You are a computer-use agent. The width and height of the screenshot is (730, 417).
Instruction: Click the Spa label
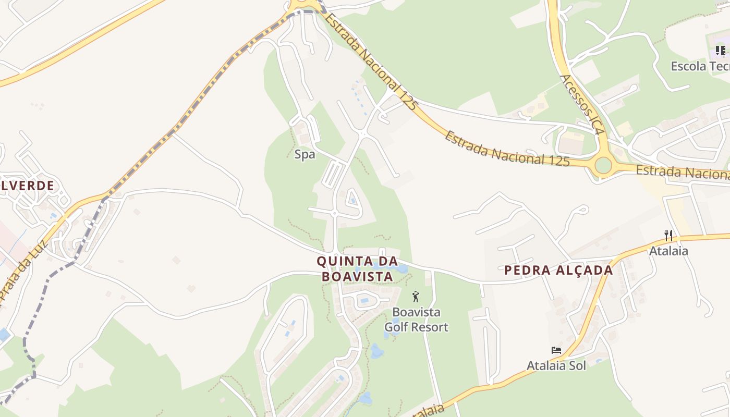tap(305, 154)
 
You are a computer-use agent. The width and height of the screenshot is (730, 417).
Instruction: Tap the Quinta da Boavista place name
tap(357, 268)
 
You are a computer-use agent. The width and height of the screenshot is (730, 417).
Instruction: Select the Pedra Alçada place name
tap(558, 270)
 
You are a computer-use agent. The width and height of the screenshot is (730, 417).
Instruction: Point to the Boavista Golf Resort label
tap(416, 320)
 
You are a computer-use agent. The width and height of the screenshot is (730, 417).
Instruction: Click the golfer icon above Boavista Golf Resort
tap(416, 297)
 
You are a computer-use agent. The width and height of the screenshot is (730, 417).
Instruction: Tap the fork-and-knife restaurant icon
tap(668, 236)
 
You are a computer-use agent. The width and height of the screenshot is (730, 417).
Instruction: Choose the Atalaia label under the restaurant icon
tap(668, 251)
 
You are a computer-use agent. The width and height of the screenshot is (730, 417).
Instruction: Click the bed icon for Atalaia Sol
tap(556, 350)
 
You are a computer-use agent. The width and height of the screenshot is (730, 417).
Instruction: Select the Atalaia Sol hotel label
tap(556, 365)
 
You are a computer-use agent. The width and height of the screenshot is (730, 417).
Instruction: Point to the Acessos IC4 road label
tap(582, 105)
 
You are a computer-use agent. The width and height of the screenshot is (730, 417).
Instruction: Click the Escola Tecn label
tap(700, 66)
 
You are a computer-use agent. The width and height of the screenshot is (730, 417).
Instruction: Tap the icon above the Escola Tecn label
tap(721, 51)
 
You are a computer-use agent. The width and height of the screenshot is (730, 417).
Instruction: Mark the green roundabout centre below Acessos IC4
tap(603, 165)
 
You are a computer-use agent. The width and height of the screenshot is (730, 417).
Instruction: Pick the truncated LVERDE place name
tap(27, 186)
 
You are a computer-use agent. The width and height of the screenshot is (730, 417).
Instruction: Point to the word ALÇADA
tap(583, 270)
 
